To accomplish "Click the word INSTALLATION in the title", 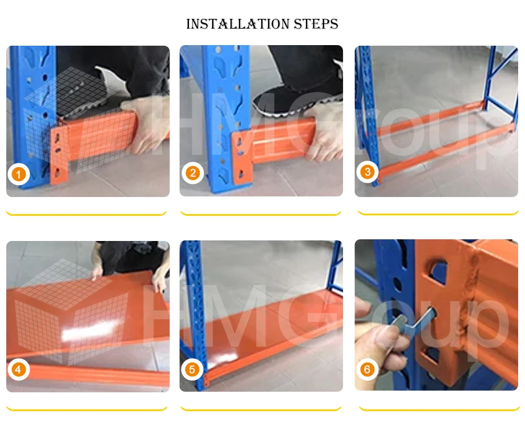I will [x=238, y=24].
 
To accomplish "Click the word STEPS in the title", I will [x=316, y=24].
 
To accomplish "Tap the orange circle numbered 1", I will [x=19, y=174].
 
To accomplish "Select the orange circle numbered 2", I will [x=193, y=173].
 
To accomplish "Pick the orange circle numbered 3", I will [x=367, y=172].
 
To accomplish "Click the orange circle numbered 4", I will [x=18, y=369].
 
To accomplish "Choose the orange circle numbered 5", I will [x=192, y=369].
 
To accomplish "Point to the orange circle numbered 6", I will [x=367, y=369].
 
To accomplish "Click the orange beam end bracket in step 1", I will [x=59, y=154].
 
